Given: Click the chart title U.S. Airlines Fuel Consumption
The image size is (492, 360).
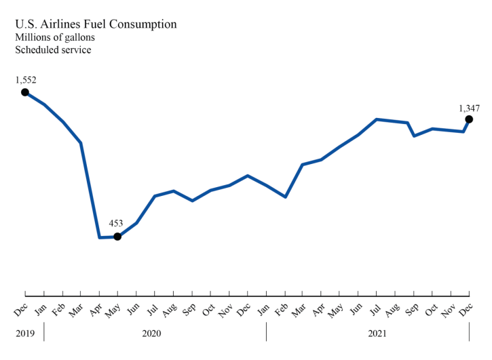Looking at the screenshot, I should (96, 24).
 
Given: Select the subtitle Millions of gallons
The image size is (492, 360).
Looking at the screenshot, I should (56, 37).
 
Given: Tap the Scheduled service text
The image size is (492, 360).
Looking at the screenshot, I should (53, 49).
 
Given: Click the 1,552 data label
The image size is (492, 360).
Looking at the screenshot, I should (25, 80).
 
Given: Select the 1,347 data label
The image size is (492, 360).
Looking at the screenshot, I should (469, 107).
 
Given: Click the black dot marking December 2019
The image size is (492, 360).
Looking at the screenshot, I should (25, 92).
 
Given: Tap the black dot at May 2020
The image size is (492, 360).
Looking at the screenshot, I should (117, 237).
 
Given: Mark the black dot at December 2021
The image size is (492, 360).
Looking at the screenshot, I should (469, 119).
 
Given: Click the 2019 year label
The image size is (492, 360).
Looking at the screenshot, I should (25, 334).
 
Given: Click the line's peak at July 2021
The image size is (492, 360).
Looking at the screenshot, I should (377, 119).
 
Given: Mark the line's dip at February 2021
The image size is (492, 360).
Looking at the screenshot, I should (285, 197).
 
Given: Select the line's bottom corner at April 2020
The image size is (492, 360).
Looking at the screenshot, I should (100, 237).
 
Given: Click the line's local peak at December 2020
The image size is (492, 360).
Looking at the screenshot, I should (248, 176).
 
